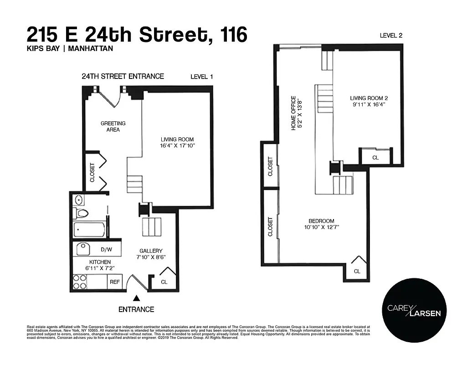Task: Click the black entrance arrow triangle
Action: [x=136, y=298]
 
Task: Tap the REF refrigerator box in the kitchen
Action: [x=114, y=282]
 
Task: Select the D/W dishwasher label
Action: [x=106, y=250]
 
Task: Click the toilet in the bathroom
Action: [x=82, y=213]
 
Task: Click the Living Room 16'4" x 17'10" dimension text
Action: [x=177, y=146]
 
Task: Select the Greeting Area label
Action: [x=113, y=126]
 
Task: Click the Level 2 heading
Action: [x=391, y=36]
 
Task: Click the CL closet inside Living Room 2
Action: [x=375, y=157]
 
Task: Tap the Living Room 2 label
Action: [x=369, y=101]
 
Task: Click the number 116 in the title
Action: [x=234, y=35]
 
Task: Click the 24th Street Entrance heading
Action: [x=123, y=76]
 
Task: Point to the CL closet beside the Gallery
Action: [x=164, y=282]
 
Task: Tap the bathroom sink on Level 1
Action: [x=78, y=199]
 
